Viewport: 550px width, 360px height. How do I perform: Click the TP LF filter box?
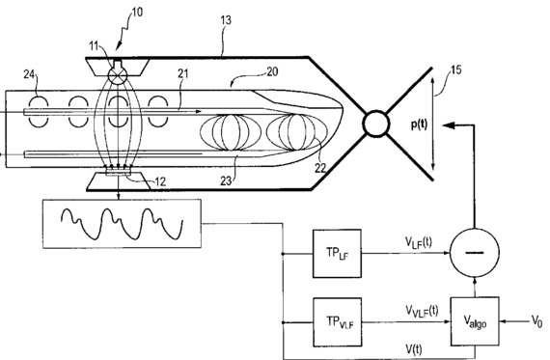(x=337, y=253)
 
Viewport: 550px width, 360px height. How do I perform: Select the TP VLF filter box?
(x=338, y=321)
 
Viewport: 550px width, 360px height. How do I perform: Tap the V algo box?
(x=475, y=321)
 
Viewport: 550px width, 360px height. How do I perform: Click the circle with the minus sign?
(x=475, y=252)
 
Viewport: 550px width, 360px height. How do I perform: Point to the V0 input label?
(x=537, y=320)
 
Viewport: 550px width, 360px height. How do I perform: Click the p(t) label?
(x=419, y=125)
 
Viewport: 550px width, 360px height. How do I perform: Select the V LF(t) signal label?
(x=419, y=242)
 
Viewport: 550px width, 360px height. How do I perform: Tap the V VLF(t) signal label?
(x=422, y=311)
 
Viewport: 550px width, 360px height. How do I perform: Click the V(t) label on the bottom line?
(x=414, y=349)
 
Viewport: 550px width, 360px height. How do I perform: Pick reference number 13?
(x=226, y=20)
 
